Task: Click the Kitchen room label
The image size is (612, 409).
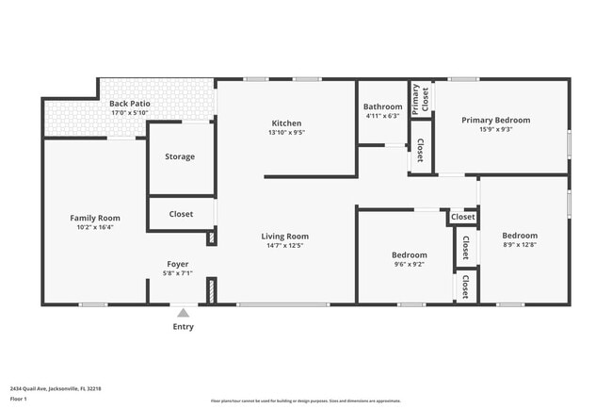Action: coord(286,123)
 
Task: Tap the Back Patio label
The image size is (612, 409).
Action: coord(130,104)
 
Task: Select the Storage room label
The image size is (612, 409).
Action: coord(180,156)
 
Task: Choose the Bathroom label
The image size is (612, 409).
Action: coord(383,106)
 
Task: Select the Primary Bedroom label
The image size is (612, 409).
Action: coord(495,120)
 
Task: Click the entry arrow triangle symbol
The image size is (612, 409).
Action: coord(183,312)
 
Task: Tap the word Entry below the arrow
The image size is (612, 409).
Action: coord(183,328)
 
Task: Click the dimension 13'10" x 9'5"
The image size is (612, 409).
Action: coord(286,133)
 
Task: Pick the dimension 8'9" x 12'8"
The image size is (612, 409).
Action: coord(519,245)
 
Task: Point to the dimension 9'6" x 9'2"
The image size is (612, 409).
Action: coord(409,265)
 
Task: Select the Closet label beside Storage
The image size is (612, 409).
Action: coord(181,214)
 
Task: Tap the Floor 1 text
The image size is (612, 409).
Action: coord(19,400)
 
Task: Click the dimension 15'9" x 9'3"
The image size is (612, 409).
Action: coord(495,129)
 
